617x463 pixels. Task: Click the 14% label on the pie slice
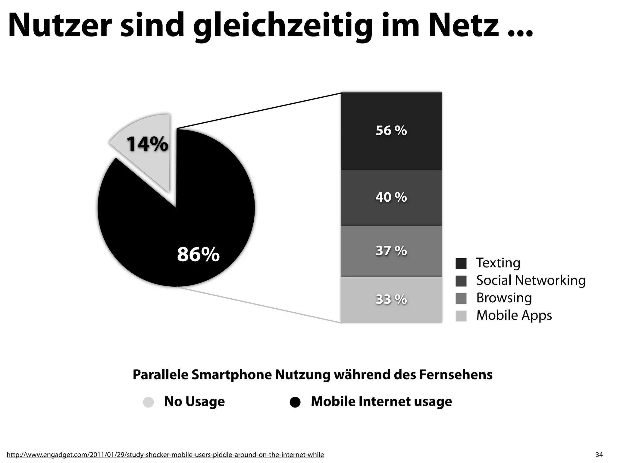(x=147, y=144)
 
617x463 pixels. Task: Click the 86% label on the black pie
(x=198, y=254)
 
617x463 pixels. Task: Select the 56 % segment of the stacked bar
(x=391, y=131)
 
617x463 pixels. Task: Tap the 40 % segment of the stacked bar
(x=391, y=197)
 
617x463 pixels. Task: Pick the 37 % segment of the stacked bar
(x=391, y=251)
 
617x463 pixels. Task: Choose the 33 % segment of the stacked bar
(x=391, y=300)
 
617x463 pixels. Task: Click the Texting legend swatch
(x=461, y=263)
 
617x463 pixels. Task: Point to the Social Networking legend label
(x=531, y=280)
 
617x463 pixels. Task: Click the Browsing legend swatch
(x=461, y=298)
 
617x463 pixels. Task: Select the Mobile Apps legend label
(x=514, y=315)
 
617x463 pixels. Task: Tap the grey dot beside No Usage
(x=148, y=402)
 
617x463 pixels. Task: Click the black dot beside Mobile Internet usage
(x=295, y=402)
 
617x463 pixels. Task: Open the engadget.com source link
(x=165, y=455)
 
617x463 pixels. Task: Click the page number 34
(x=599, y=455)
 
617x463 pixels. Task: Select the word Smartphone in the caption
(x=231, y=375)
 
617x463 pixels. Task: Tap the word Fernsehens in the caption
(x=456, y=375)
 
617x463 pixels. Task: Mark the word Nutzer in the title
(x=60, y=26)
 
